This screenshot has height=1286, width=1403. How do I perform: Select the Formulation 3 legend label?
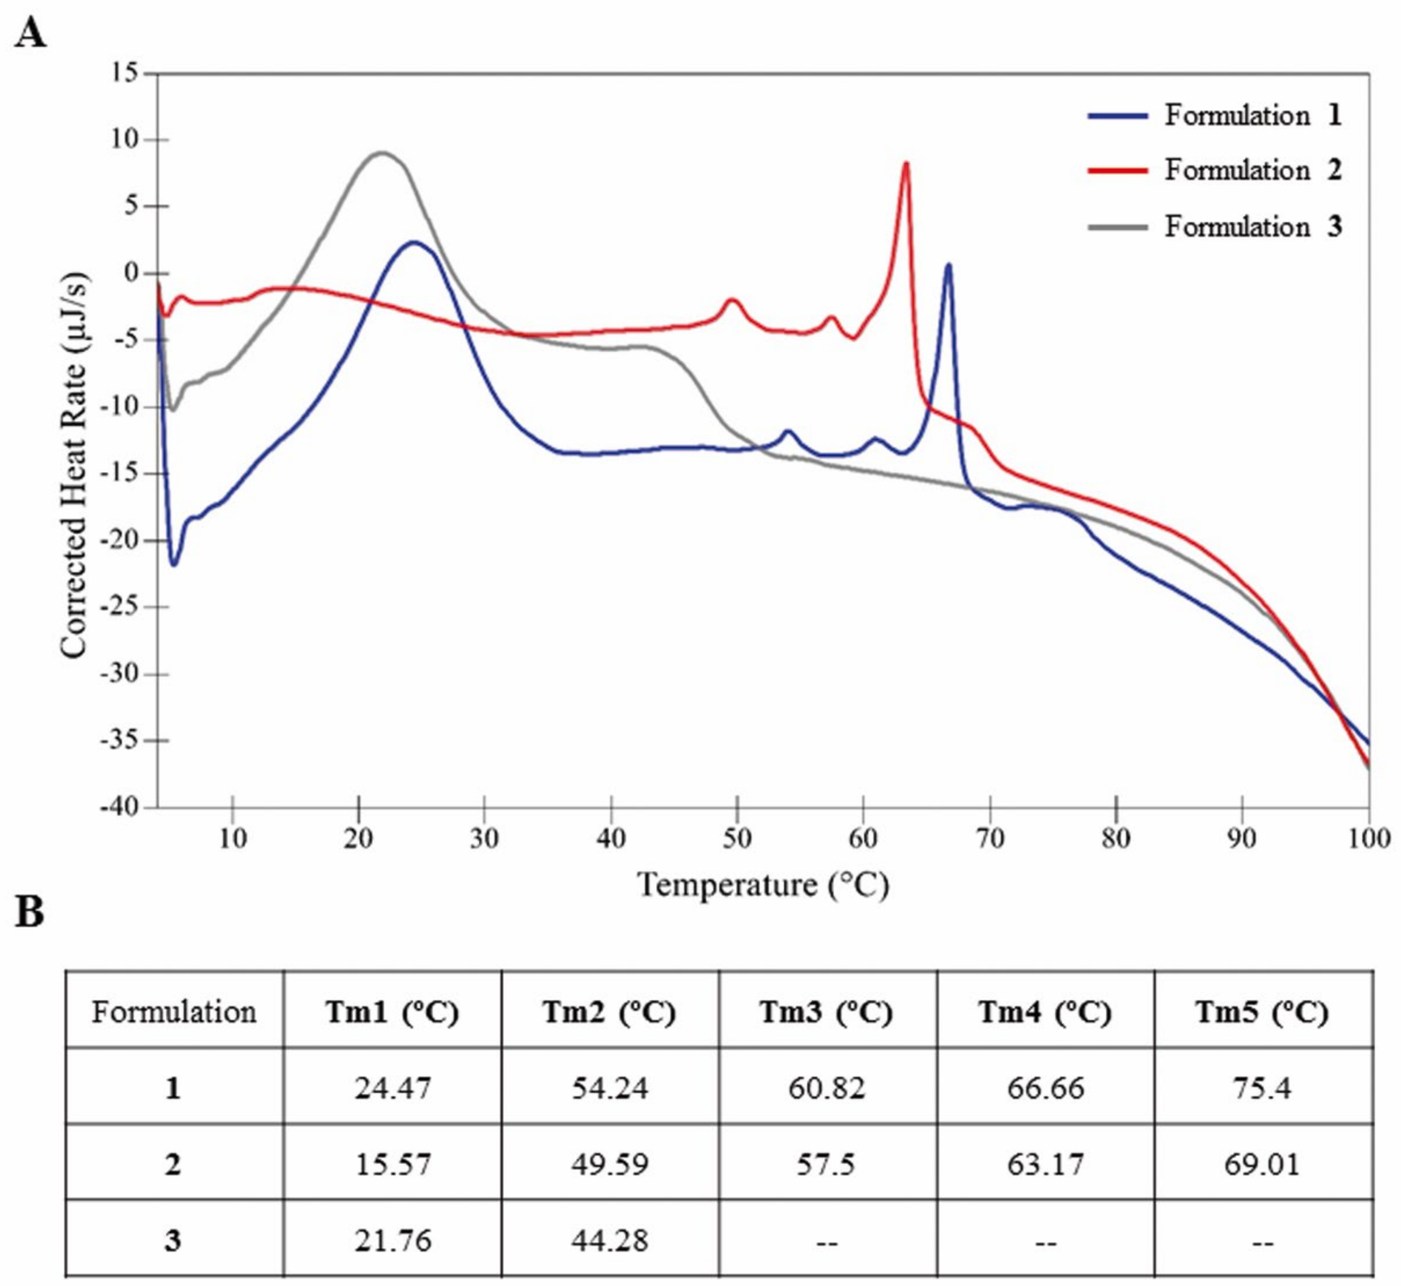point(1252,227)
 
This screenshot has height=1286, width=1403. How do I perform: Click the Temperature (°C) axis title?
point(764,886)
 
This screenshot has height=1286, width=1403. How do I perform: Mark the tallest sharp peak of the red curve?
point(906,164)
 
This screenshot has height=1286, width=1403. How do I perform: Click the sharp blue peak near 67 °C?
point(948,265)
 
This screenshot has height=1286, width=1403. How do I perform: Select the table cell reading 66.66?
point(1045,1088)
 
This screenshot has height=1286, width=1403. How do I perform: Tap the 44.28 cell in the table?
point(610,1240)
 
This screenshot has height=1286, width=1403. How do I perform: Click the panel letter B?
point(29,913)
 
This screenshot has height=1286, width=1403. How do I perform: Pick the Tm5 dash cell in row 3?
point(1262,1240)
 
